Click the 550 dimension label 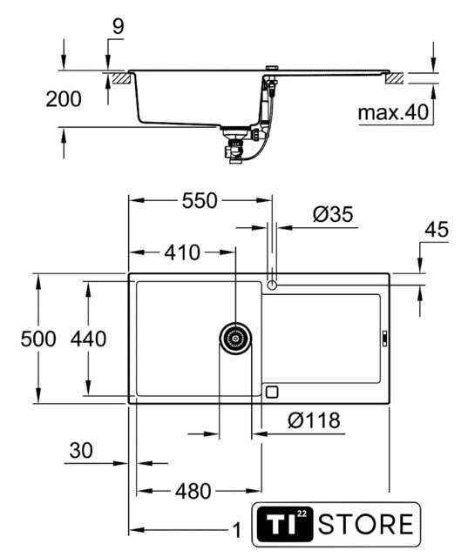200,201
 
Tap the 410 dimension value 182,252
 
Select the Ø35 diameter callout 333,214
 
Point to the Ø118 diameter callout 314,420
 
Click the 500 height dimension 38,339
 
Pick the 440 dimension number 88,339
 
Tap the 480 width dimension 193,491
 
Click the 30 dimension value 81,450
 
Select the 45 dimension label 437,229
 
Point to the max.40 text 393,112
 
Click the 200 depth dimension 64,99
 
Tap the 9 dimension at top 118,27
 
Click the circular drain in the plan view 235,338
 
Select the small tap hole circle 272,285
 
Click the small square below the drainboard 272,392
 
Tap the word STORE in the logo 366,524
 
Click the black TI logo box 285,524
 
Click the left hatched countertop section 121,77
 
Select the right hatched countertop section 395,77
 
